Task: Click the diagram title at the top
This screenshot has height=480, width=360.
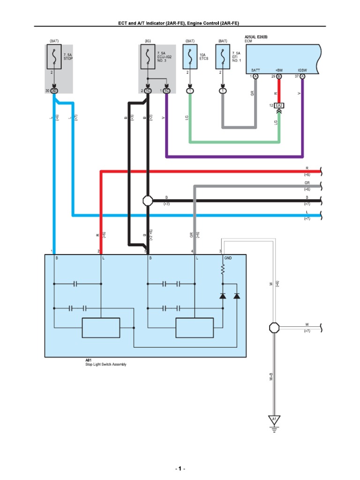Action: [180, 23]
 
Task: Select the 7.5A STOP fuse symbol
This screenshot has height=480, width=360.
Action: [54, 57]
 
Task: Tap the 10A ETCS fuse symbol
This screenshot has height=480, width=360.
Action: [190, 57]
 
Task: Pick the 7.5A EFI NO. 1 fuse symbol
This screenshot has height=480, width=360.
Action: [222, 57]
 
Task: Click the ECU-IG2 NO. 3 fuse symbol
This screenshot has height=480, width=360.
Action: [148, 57]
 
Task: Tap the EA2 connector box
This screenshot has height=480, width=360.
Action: [279, 105]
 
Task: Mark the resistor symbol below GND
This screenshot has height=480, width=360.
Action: [223, 269]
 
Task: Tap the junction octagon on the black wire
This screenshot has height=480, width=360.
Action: [148, 201]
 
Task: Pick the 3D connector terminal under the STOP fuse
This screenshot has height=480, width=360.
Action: [54, 90]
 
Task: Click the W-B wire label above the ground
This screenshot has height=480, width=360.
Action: [271, 376]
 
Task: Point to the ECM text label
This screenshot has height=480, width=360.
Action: [248, 41]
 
